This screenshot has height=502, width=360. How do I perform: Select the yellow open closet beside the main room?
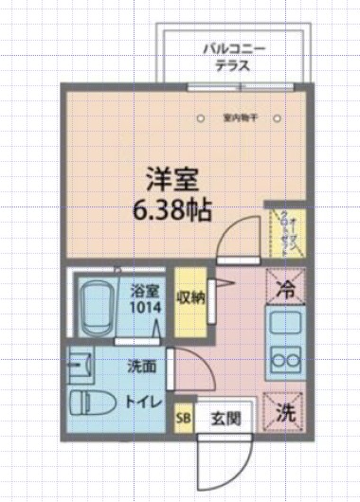tap(280, 231)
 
